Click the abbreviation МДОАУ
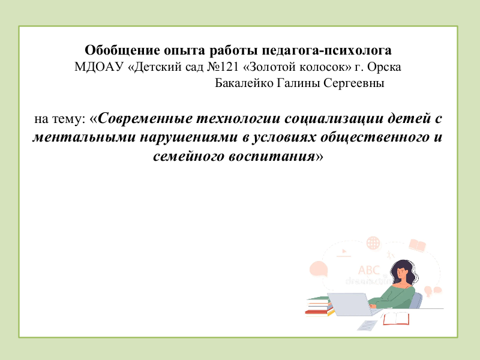click(99, 67)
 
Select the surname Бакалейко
click(244, 83)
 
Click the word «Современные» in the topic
click(145, 118)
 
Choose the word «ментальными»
click(84, 137)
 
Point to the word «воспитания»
click(272, 157)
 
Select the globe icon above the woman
click(373, 244)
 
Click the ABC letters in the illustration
click(369, 271)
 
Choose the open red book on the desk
click(396, 319)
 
